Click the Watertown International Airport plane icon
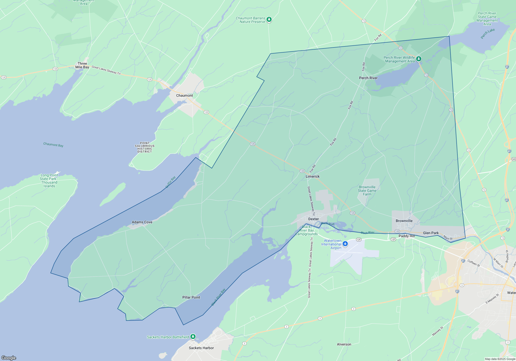[345, 244]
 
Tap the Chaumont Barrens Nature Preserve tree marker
[269, 19]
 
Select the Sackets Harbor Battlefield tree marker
[193, 337]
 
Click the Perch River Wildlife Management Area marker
[419, 59]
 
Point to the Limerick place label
[312, 176]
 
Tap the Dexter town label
[313, 219]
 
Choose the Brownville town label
[404, 221]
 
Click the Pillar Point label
[191, 297]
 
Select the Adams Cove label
[142, 222]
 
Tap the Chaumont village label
[184, 95]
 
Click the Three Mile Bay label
[82, 65]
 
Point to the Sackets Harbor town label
[201, 348]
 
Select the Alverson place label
[344, 344]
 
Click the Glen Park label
[431, 233]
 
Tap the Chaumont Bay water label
[53, 145]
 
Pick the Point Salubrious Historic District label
[145, 147]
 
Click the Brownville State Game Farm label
[367, 191]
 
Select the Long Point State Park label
[49, 180]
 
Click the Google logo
[9, 358]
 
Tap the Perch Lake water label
[488, 34]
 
